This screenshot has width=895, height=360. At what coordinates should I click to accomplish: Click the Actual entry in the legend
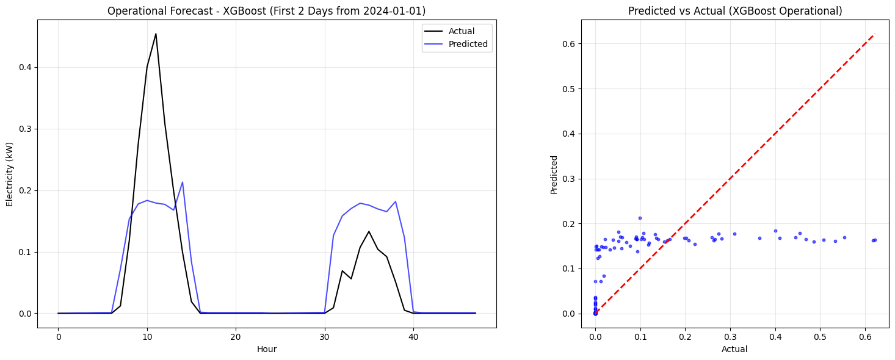(x=461, y=31)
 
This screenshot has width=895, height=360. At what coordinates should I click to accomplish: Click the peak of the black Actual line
(x=156, y=34)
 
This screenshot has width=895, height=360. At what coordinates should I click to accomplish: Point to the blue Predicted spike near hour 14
(x=182, y=182)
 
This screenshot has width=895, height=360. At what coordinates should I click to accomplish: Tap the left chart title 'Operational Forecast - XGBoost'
(x=266, y=11)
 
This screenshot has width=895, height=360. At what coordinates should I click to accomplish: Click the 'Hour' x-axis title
(x=267, y=350)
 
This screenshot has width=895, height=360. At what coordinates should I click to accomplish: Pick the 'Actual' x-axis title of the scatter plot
(x=734, y=350)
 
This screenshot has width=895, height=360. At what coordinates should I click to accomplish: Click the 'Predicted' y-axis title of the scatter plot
(x=554, y=175)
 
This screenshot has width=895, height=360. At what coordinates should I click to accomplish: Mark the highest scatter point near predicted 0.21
(x=640, y=218)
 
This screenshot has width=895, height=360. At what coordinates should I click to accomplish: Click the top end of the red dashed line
(x=875, y=34)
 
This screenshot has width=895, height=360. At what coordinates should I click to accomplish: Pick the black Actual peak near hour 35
(x=369, y=231)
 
